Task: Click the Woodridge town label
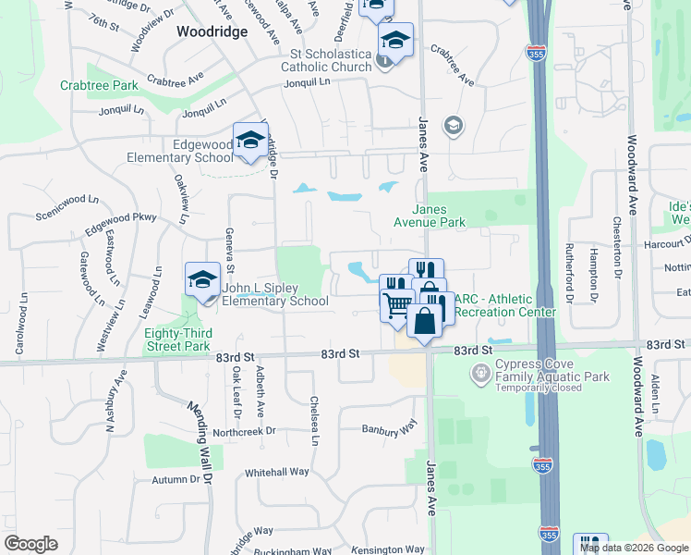pyautogui.click(x=211, y=31)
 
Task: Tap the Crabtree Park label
pyautogui.click(x=99, y=85)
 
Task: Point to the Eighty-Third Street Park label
pyautogui.click(x=177, y=339)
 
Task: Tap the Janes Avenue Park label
pyautogui.click(x=430, y=216)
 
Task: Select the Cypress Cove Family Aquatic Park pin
pyautogui.click(x=479, y=374)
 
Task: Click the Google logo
pyautogui.click(x=30, y=544)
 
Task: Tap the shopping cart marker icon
pyautogui.click(x=397, y=303)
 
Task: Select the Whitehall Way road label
pyautogui.click(x=276, y=472)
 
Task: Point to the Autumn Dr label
pyautogui.click(x=176, y=479)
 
